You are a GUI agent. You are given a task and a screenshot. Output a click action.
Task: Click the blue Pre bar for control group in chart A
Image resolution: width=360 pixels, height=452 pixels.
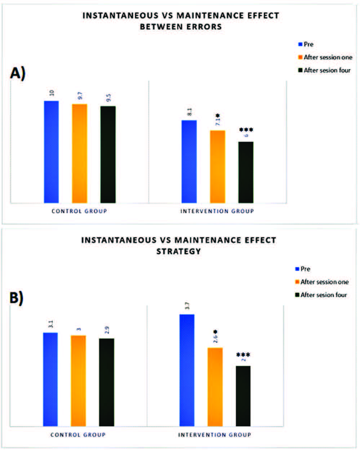coord(51,152)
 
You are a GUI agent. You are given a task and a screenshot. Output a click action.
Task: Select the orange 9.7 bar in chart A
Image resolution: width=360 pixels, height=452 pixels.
coord(79,153)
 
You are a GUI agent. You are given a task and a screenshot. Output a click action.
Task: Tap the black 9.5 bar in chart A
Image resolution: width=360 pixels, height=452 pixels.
coord(108,155)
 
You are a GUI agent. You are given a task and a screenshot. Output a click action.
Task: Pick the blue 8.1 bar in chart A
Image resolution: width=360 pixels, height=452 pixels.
coord(189,161)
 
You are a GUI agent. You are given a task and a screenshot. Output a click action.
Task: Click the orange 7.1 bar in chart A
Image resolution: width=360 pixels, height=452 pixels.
coord(217,166)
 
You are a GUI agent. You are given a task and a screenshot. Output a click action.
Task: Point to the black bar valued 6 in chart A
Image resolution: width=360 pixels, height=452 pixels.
coord(246,172)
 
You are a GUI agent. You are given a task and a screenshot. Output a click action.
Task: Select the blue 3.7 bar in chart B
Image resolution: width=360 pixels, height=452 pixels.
coord(187,370)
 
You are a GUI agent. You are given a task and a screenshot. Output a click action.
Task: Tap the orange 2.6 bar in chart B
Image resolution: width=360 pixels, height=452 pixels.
coord(215,387)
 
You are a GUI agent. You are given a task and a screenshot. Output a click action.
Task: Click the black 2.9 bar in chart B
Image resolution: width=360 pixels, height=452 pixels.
coord(106,382)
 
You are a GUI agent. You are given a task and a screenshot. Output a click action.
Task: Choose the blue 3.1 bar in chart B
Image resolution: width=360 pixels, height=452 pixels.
coord(50,379)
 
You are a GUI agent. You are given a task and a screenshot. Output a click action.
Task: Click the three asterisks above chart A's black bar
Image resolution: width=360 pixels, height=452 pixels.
coord(246,130)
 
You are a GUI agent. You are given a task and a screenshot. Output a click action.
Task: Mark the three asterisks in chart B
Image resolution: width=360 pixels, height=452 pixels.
coord(243,355)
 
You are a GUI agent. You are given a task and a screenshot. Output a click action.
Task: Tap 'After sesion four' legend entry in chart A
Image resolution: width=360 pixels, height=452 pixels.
coord(324,70)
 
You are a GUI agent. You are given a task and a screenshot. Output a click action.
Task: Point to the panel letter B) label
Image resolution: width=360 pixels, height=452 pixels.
coord(17,298)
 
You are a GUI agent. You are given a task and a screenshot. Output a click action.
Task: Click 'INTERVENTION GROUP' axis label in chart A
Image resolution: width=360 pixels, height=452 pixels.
coord(217,211)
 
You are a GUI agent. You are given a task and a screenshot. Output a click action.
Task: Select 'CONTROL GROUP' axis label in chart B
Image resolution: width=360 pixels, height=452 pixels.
coord(78,435)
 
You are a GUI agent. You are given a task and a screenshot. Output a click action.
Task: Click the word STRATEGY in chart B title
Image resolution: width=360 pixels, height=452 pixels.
coord(178,251)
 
